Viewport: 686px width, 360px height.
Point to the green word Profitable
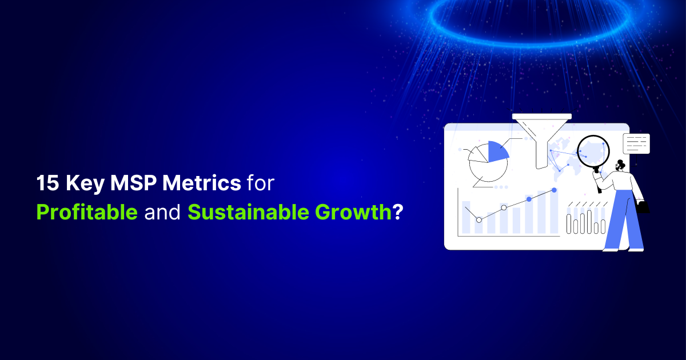tap(87, 213)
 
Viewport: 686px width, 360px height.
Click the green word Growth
tap(353, 213)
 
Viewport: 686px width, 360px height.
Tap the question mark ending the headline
tap(397, 213)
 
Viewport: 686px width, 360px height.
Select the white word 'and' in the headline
tap(162, 213)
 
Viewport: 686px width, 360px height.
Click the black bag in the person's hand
tap(643, 207)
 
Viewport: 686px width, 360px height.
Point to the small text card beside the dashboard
tap(636, 144)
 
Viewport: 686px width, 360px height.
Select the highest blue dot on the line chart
tap(554, 190)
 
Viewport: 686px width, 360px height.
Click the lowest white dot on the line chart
tap(479, 219)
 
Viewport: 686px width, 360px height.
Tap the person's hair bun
tap(622, 163)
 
